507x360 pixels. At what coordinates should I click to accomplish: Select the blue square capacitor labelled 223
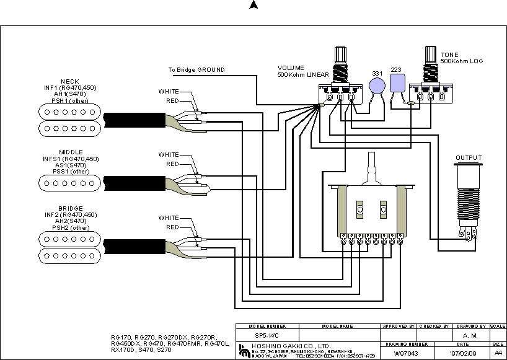coord(397,84)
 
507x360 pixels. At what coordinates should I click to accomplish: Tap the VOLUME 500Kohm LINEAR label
coord(302,71)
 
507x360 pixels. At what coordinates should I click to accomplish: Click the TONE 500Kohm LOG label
coord(462,58)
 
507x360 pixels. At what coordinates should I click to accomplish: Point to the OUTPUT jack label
coord(468,158)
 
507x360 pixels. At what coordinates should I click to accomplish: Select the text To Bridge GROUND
coord(196,70)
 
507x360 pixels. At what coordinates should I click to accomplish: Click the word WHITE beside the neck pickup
coord(169,92)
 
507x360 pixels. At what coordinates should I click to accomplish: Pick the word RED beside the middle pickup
coord(172,164)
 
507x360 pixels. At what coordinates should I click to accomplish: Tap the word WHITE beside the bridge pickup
coord(169,218)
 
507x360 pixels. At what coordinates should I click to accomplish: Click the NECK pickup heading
coord(69,82)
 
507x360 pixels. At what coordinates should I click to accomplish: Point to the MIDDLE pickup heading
coord(71,152)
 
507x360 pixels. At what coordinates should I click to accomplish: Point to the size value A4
coord(498,353)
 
